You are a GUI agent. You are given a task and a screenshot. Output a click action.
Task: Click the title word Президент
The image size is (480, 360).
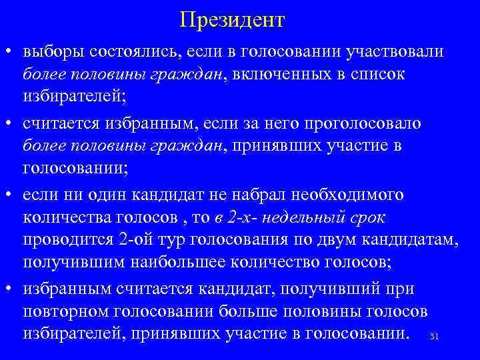[x=232, y=20]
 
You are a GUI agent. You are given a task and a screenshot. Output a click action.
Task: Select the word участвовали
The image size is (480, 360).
[x=395, y=51]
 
